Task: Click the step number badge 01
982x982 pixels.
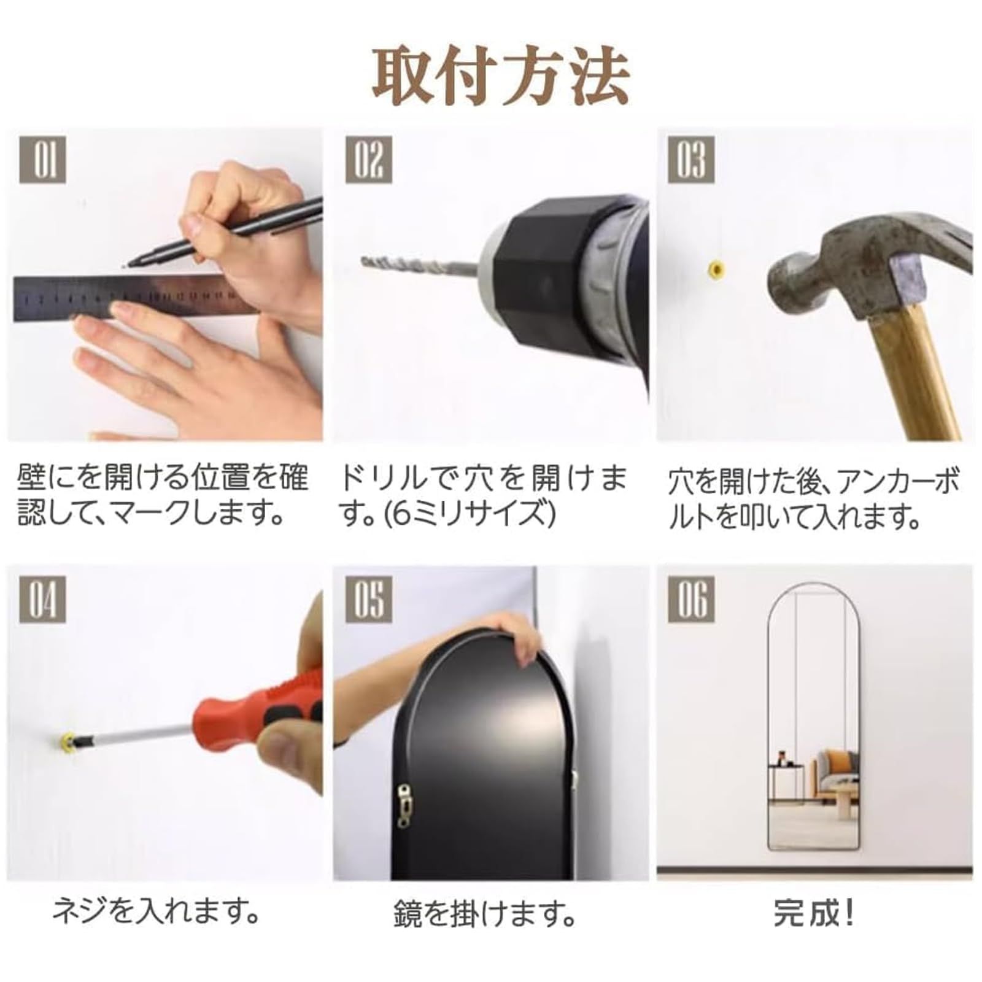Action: [42, 159]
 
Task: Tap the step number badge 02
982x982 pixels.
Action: [368, 159]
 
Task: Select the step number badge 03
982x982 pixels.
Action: [692, 159]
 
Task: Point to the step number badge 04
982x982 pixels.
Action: [42, 599]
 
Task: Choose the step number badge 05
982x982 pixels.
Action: [368, 599]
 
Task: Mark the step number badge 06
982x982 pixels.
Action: [692, 599]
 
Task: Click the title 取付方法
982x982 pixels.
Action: [500, 77]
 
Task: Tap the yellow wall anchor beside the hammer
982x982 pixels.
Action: [716, 268]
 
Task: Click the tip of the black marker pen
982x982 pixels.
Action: [126, 265]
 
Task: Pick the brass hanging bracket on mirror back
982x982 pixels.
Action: [404, 805]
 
